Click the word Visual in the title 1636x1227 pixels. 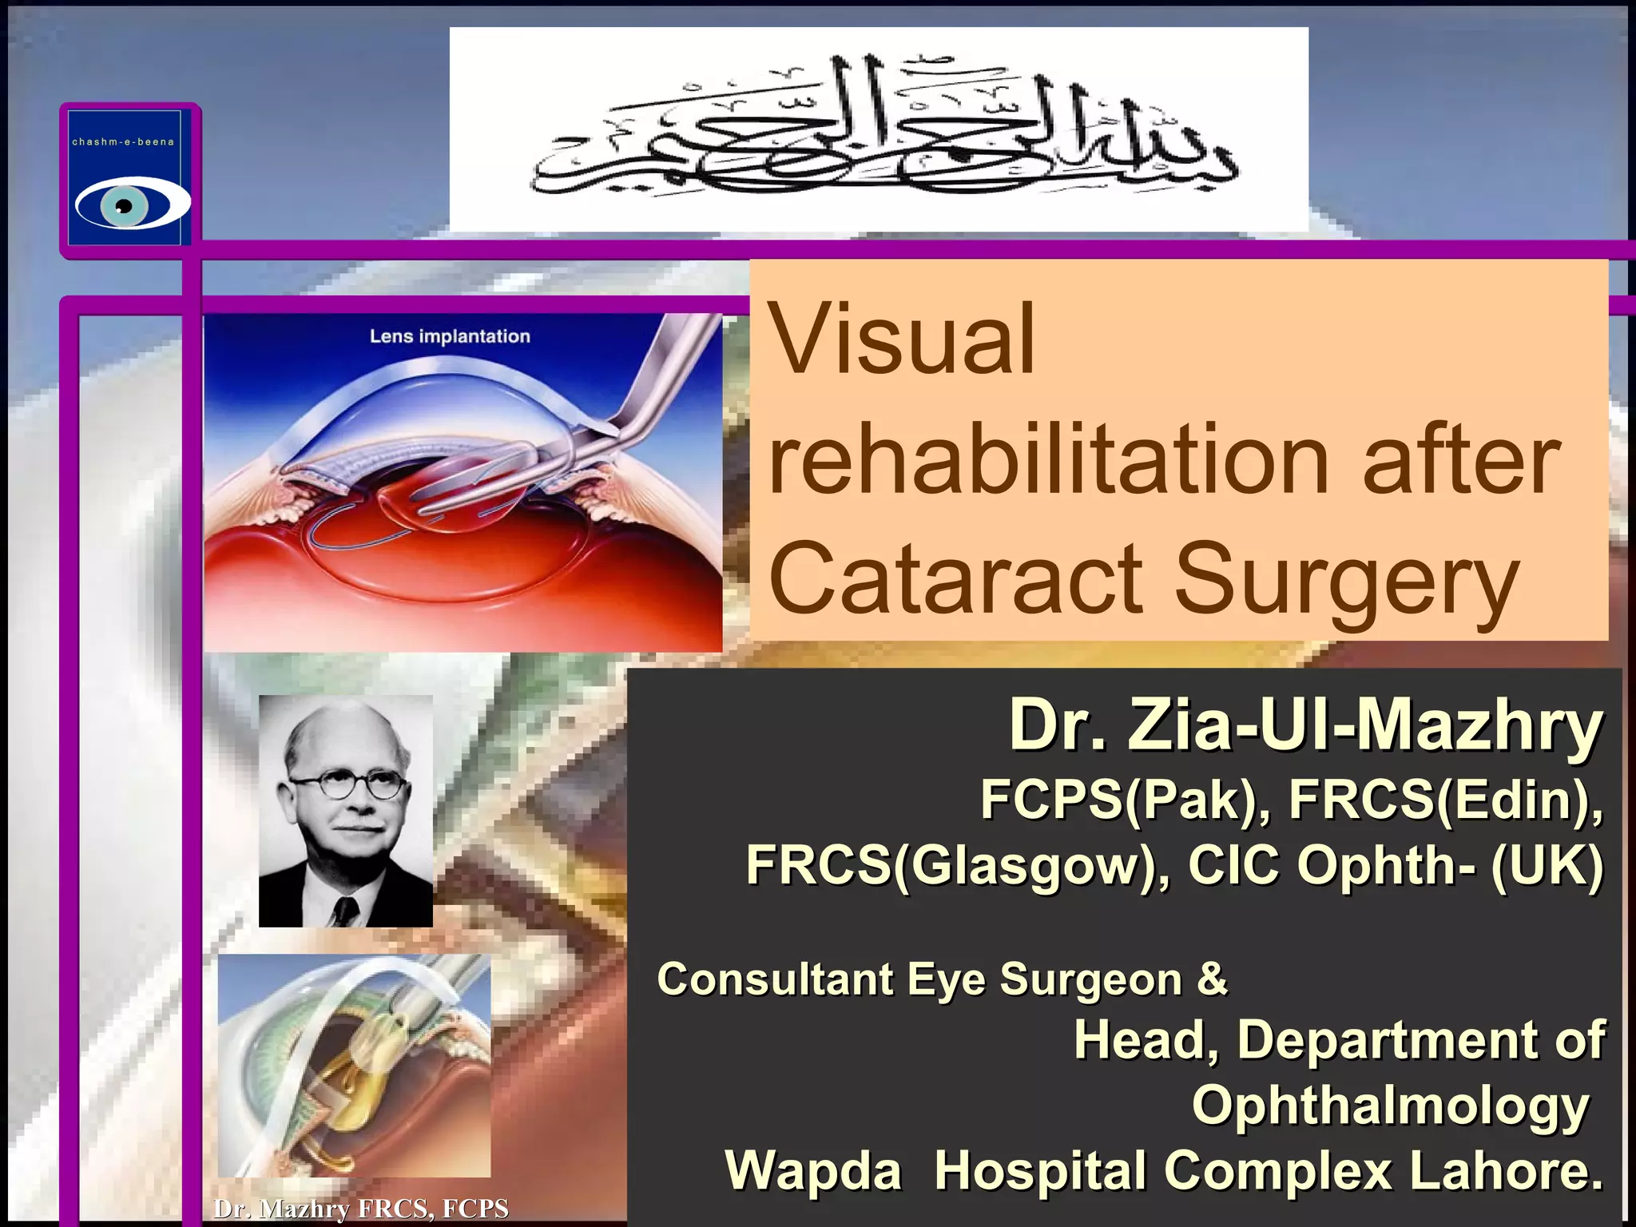pos(902,340)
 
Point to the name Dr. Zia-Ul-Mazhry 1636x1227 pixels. pos(1305,726)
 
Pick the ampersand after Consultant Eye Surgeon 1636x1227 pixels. pos(1212,979)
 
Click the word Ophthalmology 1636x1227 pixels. pos(1390,1106)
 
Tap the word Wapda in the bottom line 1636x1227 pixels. pos(813,1171)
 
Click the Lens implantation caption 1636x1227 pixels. pos(450,336)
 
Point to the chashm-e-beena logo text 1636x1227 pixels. pos(123,142)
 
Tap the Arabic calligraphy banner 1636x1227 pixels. pos(879,128)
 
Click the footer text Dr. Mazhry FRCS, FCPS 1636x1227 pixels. pos(361,1209)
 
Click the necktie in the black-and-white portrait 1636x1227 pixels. pos(346,911)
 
